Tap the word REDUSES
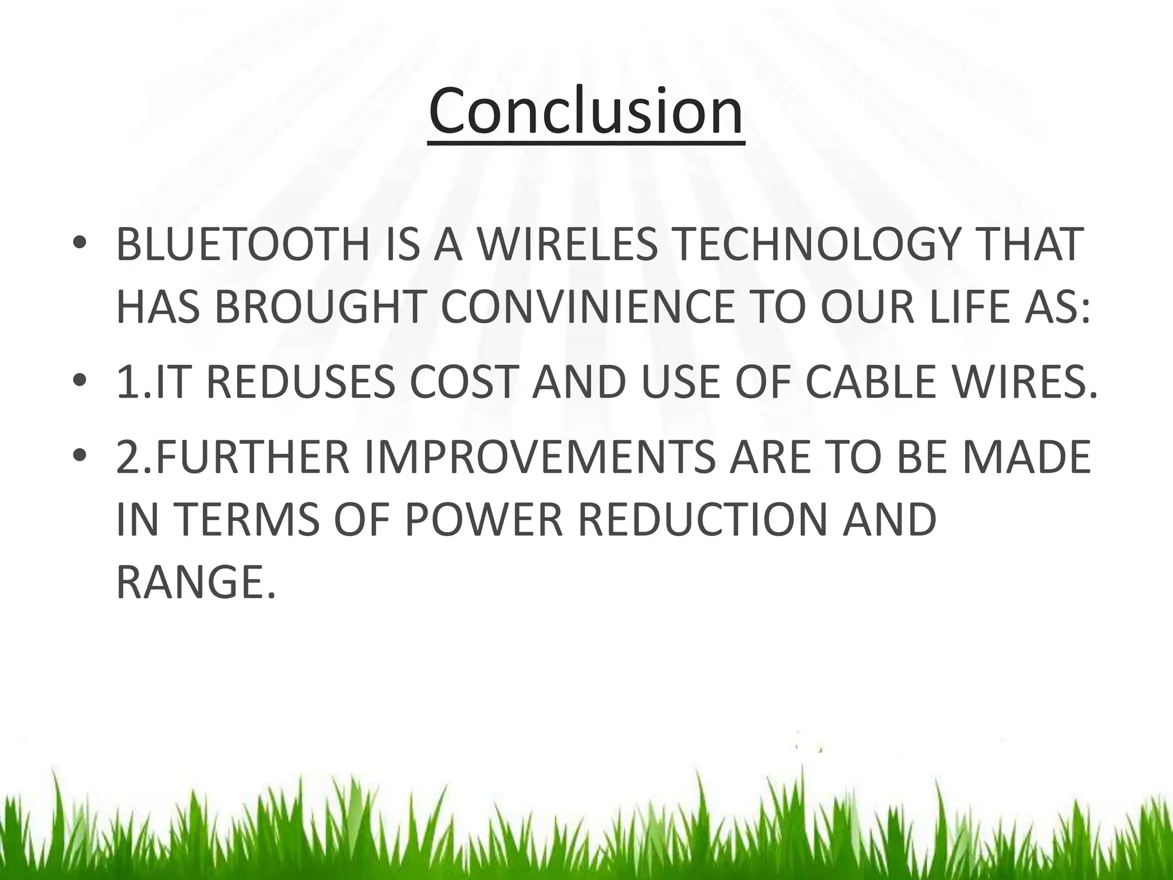tap(300, 383)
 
